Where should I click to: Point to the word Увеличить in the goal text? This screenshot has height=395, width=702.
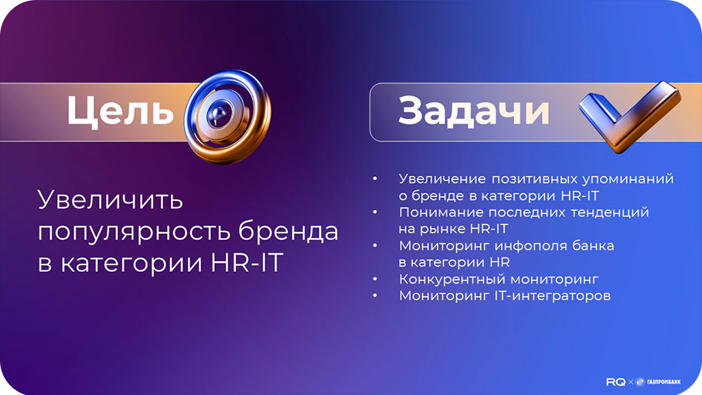(111, 200)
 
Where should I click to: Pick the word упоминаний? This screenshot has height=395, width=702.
(632, 179)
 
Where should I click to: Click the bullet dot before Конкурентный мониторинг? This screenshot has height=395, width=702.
(375, 279)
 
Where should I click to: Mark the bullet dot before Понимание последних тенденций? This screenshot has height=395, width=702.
(375, 212)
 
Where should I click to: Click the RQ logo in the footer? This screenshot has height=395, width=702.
(616, 381)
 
